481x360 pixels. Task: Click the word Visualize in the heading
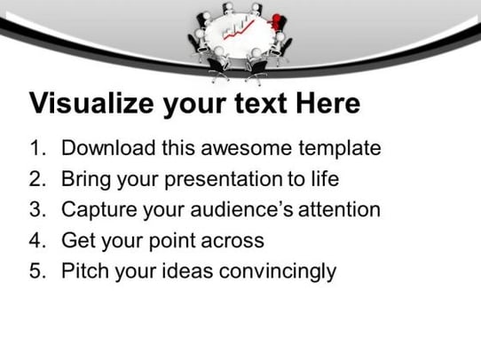pos(91,103)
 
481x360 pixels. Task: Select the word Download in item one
pos(108,148)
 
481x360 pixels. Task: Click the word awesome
pos(247,148)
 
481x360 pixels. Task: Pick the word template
pos(340,149)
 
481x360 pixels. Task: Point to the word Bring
pos(86,179)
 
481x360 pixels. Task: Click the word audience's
pos(241,209)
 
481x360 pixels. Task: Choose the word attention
pos(339,209)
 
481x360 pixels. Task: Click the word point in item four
pos(172,241)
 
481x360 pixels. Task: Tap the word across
pos(233,241)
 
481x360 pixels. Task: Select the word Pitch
pos(85,270)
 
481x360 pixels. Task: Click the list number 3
pos(37,209)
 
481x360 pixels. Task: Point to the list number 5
pos(37,270)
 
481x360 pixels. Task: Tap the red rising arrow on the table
pos(239,30)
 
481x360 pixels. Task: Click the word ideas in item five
pos(187,270)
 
